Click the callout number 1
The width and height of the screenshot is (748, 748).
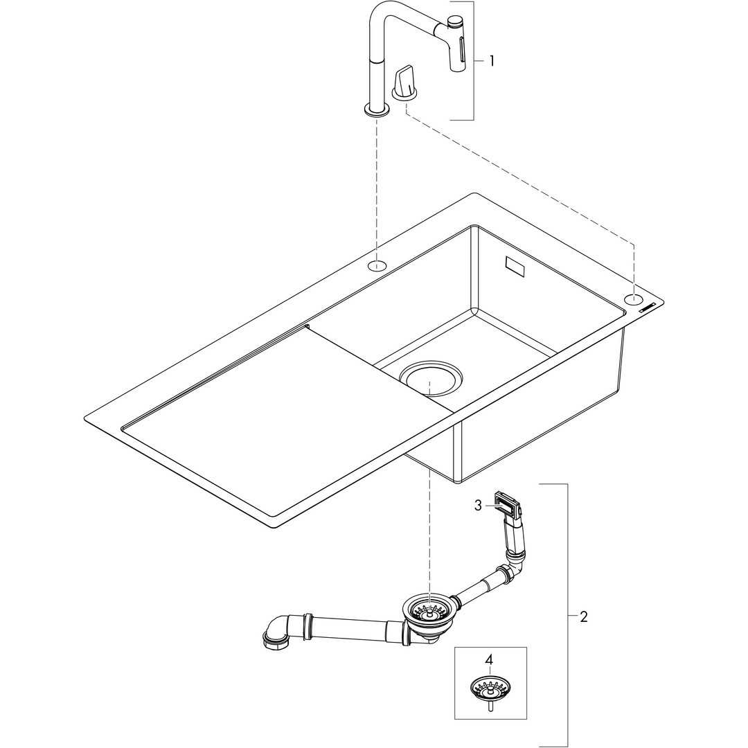tap(492, 61)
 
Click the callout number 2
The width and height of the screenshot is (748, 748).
tap(583, 617)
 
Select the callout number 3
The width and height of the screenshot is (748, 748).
tap(479, 506)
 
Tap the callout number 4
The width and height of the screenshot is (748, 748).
tap(488, 661)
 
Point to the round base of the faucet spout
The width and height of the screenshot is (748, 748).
tap(377, 111)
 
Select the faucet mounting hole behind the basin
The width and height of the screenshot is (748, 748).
tap(377, 265)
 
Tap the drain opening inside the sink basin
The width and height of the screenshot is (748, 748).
tap(430, 377)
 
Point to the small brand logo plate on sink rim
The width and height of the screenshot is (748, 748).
tap(648, 308)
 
